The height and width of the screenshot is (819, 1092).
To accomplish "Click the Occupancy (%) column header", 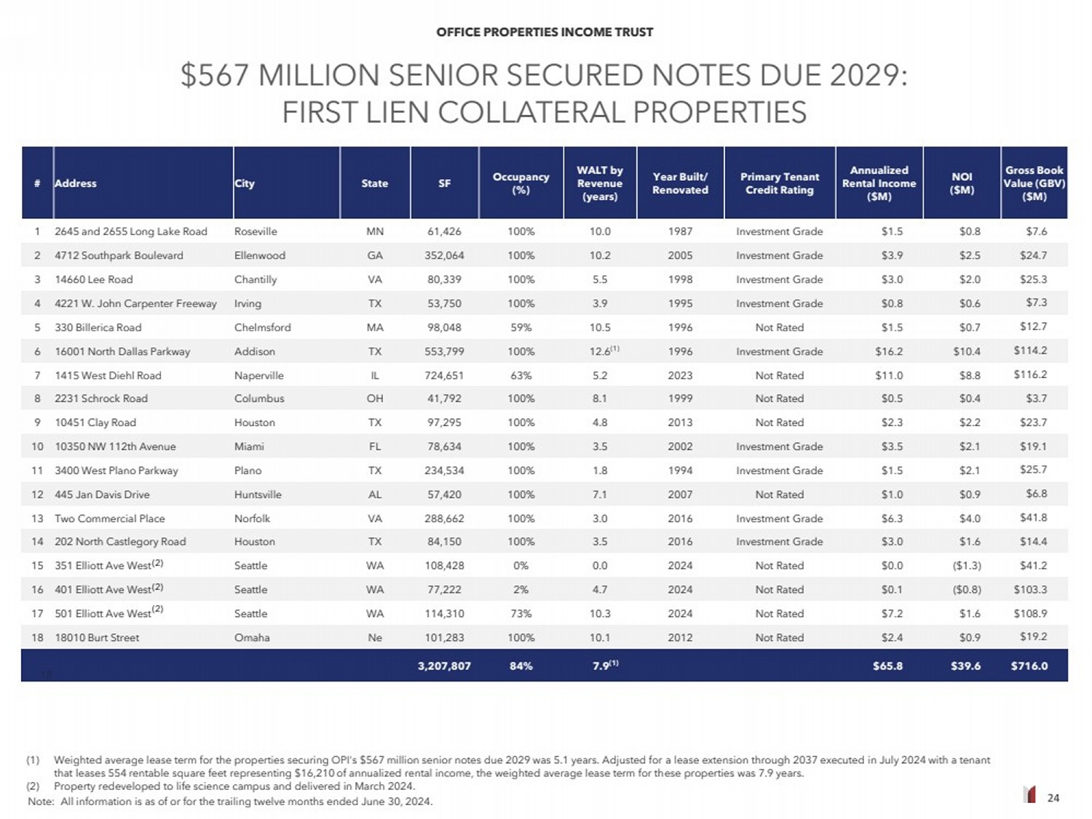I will click(521, 183).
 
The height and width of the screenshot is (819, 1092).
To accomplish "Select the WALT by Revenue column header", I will click(600, 183).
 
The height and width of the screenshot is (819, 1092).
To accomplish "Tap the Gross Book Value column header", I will click(1034, 183).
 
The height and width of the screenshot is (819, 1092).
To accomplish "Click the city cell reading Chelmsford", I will click(262, 327).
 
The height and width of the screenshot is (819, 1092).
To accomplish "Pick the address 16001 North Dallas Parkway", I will click(122, 351).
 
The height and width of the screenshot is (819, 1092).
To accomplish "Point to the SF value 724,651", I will click(444, 375).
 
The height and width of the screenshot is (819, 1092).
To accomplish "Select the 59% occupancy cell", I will click(521, 327).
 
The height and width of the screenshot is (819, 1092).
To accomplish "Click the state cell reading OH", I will click(375, 399).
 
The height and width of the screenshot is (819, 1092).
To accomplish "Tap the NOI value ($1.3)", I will click(967, 565).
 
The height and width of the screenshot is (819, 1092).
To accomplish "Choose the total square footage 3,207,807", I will click(444, 666).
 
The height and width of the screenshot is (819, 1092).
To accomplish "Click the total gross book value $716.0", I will click(1029, 666).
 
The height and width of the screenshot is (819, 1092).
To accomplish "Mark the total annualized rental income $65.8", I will click(887, 666).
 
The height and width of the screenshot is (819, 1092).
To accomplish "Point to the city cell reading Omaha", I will click(252, 637).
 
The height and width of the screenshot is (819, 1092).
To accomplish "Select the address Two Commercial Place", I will click(110, 519).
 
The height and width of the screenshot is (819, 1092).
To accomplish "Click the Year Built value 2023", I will click(680, 375).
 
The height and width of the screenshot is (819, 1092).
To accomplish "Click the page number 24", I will click(1053, 798).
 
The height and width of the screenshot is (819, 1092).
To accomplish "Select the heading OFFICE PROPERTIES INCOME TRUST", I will click(545, 32).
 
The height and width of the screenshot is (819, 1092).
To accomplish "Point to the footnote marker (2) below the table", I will click(33, 786).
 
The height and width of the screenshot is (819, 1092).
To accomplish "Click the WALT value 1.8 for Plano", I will click(600, 471).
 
